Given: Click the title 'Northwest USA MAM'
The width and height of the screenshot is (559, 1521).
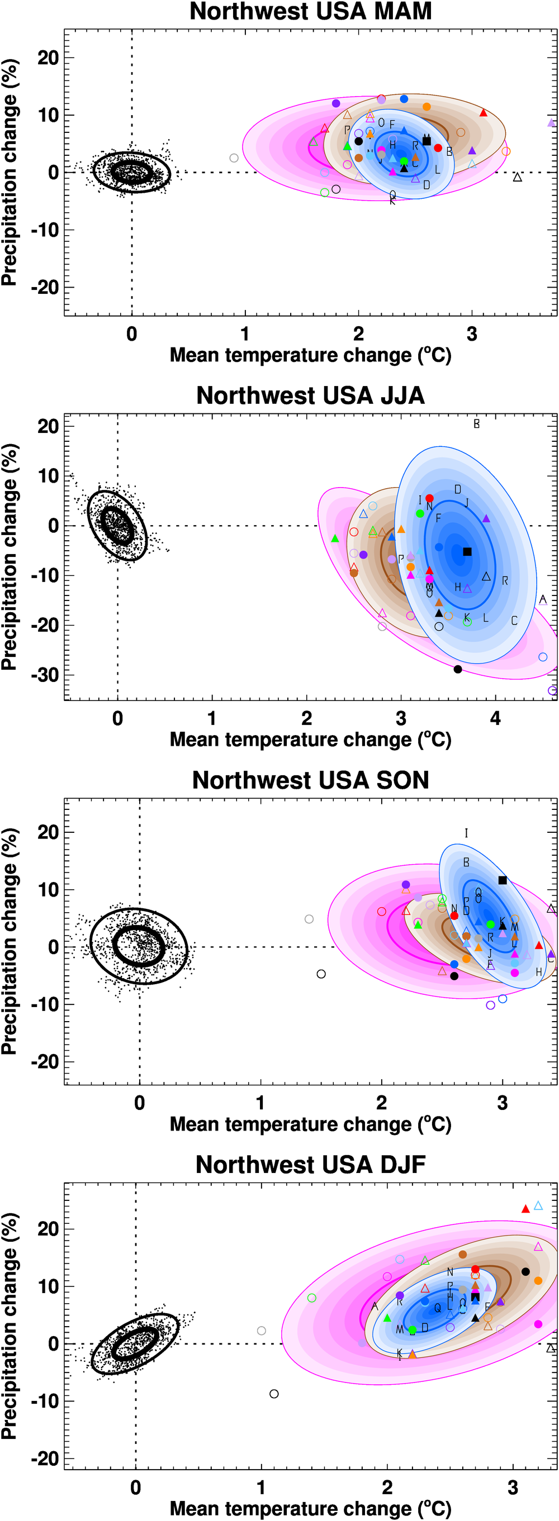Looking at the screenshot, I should pos(310,12).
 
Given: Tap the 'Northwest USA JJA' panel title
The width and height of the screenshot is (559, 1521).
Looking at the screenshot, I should pos(310,395).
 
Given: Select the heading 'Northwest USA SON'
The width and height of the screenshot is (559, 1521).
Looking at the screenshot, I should pos(310,780).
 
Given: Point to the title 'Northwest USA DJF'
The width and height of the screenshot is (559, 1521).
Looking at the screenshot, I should pos(310,1165).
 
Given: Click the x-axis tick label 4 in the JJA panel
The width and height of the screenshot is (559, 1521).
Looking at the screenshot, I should pos(495,718).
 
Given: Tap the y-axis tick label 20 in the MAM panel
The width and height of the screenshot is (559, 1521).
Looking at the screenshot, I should pos(48,58).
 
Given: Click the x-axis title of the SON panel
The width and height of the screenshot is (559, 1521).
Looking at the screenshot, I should pos(310,1124).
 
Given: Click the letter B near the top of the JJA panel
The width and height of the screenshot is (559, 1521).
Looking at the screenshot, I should pos(476,424).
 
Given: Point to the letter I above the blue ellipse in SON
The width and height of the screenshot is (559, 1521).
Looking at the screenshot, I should pos(466,833).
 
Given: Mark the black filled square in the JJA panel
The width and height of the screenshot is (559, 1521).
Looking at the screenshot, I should pos(467,551).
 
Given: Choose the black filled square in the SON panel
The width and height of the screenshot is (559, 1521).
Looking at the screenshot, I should pos(503,880).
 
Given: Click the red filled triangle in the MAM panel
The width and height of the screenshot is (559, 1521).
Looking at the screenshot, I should pos(484,113).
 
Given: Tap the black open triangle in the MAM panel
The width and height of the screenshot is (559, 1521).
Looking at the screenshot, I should pos(518,177).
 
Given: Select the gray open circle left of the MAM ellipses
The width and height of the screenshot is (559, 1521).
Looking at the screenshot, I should pos(234,158).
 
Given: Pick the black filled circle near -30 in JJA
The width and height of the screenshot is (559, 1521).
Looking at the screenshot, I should pos(458,669).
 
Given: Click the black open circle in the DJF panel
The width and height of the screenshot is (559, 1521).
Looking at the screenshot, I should pos(274,1394).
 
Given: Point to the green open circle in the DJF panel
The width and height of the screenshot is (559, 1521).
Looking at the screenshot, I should pos(312,1298).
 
